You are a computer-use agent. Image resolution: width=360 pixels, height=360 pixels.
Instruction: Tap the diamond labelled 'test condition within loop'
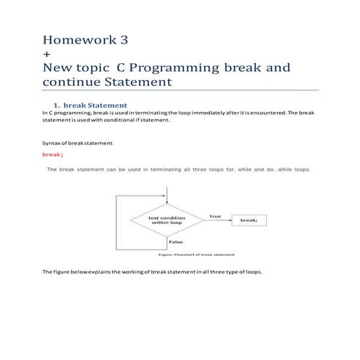click(x=167, y=220)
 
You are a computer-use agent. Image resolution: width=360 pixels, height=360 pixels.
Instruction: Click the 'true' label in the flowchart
click(x=215, y=216)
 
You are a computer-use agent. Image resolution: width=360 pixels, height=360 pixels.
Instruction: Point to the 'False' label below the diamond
click(x=175, y=241)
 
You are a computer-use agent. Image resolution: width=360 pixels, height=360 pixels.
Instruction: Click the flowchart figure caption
click(x=196, y=255)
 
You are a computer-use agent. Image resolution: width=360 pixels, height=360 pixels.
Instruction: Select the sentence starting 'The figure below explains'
click(x=152, y=272)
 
